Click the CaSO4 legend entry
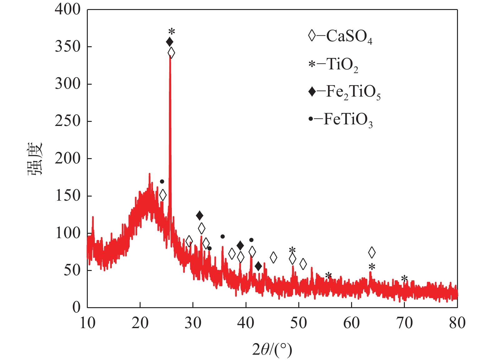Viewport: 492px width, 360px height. [x=340, y=37]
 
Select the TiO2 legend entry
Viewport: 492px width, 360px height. [x=333, y=65]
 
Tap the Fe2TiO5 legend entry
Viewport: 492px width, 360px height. [x=345, y=92]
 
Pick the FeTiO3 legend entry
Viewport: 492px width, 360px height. [x=340, y=120]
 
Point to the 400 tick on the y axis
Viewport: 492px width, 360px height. [x=68, y=10]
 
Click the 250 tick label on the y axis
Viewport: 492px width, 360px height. [x=68, y=121]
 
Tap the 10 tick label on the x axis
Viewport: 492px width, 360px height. [x=87, y=323]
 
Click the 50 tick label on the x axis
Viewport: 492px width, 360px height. [x=299, y=323]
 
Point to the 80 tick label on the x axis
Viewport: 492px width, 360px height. [x=457, y=323]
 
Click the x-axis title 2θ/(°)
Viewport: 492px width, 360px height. [x=272, y=350]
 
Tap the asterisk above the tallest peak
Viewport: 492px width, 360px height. [x=171, y=32]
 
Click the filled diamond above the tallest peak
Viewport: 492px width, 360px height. [x=170, y=42]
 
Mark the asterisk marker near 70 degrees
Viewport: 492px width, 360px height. [x=404, y=279]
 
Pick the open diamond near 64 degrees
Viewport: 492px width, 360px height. [x=372, y=252]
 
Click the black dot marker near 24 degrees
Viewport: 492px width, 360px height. [x=162, y=182]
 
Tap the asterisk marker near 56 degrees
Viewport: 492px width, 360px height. [x=328, y=276]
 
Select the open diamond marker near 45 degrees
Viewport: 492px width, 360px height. [x=273, y=257]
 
